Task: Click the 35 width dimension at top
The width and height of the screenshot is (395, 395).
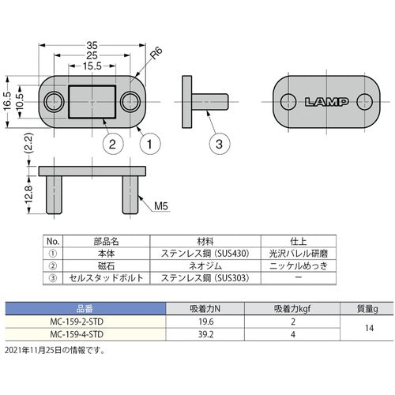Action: point(94,46)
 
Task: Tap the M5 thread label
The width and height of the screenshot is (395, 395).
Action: point(161,206)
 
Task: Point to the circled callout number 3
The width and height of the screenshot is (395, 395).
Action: point(220,144)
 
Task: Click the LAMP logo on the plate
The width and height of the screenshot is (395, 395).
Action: point(325,101)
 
